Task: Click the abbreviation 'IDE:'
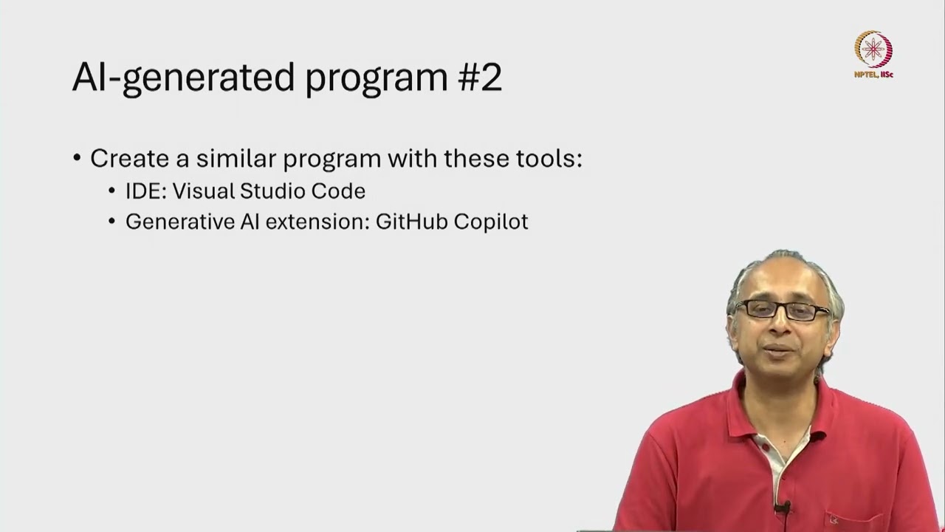tap(145, 191)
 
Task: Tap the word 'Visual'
tap(204, 191)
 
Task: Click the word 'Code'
tap(338, 191)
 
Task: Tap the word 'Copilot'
tap(491, 222)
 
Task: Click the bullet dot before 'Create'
tap(77, 159)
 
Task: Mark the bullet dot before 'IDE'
tap(111, 191)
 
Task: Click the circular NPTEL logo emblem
tap(873, 50)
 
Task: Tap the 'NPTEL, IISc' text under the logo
tap(873, 75)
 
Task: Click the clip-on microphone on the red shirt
tap(783, 508)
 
